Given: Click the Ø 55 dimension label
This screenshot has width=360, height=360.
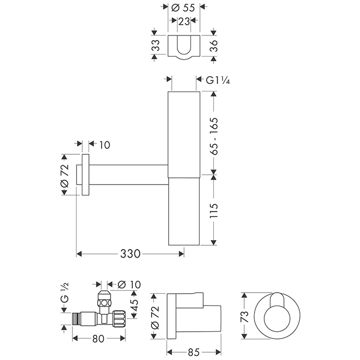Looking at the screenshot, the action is point(183,8).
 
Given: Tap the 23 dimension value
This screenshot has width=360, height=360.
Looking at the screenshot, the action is point(184,22).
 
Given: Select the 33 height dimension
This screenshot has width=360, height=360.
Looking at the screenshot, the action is point(155,45).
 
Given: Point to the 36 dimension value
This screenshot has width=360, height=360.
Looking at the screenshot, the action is point(213,46).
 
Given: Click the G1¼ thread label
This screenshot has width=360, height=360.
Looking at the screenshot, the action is point(218,80).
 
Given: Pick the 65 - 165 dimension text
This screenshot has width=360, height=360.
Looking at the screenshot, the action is point(214,136).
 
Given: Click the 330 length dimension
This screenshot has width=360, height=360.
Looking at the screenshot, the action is point(130,254).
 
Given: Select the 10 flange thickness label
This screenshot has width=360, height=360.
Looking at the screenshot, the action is point(105,145).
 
